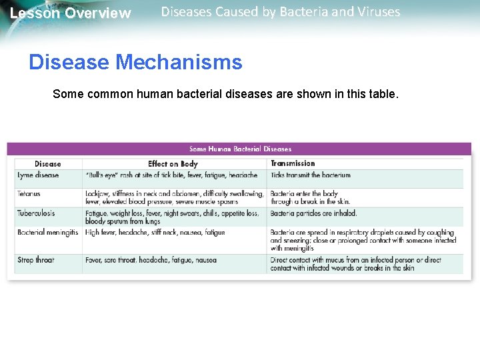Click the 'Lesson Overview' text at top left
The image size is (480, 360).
click(x=71, y=13)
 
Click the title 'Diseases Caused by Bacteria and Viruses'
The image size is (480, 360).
click(x=281, y=12)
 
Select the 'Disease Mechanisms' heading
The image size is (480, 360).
click(x=135, y=63)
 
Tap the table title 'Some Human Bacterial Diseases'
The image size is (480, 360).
click(x=240, y=149)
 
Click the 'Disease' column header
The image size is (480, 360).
click(x=47, y=163)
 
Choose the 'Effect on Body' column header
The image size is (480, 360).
click(x=173, y=163)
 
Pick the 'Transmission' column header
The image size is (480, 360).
click(x=293, y=163)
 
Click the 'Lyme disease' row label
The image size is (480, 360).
click(x=38, y=175)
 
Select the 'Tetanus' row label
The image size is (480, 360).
click(x=29, y=194)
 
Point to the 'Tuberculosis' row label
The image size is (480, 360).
click(x=36, y=213)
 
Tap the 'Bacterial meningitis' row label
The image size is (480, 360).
click(x=47, y=233)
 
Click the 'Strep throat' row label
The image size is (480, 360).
click(x=36, y=260)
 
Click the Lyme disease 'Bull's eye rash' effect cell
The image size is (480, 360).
click(x=171, y=175)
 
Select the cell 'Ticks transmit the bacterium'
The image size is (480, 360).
click(x=310, y=175)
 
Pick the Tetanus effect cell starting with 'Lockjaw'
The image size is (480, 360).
click(x=174, y=197)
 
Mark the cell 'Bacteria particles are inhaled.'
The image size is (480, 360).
click(x=313, y=213)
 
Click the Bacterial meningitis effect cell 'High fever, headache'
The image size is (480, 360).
click(x=155, y=233)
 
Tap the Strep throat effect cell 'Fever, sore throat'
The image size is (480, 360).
click(x=151, y=260)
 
